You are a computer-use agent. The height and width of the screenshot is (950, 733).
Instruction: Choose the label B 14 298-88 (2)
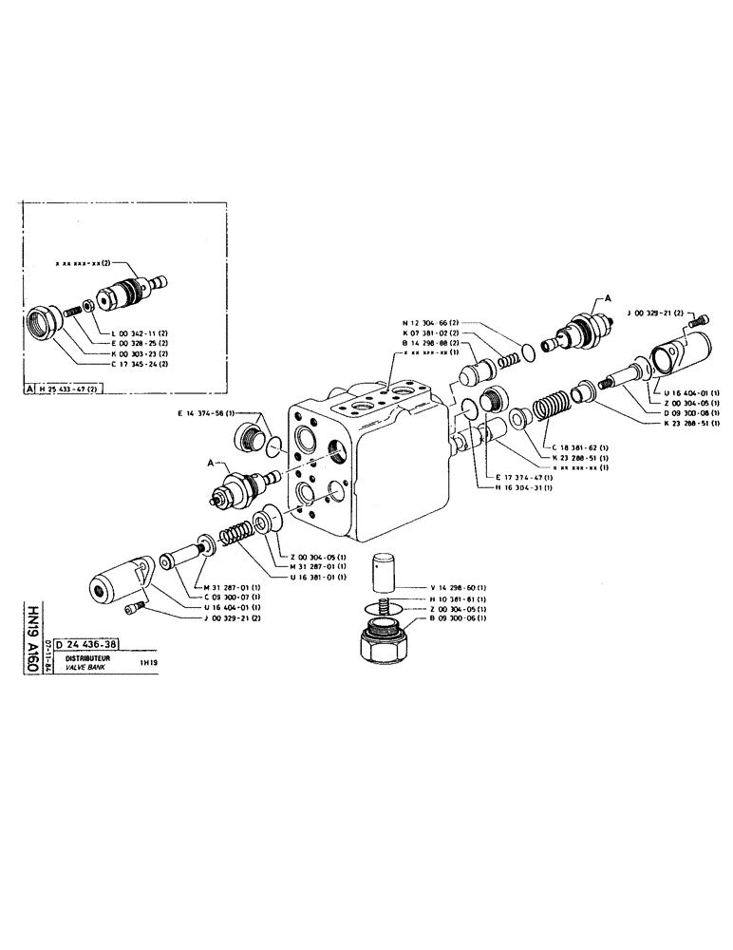pyautogui.click(x=434, y=343)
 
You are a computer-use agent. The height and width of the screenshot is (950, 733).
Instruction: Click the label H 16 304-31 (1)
pyautogui.click(x=525, y=487)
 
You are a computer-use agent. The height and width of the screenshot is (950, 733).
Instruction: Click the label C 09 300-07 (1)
pyautogui.click(x=228, y=598)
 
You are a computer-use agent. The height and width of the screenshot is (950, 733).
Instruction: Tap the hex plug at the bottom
pyautogui.click(x=385, y=641)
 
